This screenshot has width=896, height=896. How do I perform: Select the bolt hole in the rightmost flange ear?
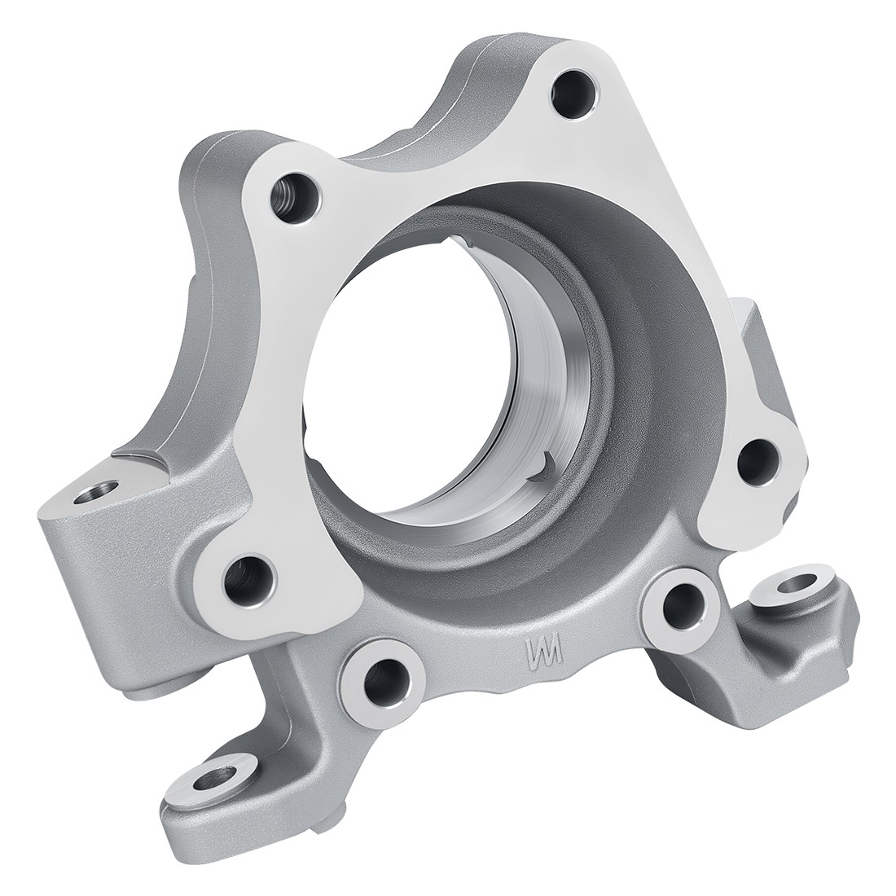[x=758, y=462]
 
